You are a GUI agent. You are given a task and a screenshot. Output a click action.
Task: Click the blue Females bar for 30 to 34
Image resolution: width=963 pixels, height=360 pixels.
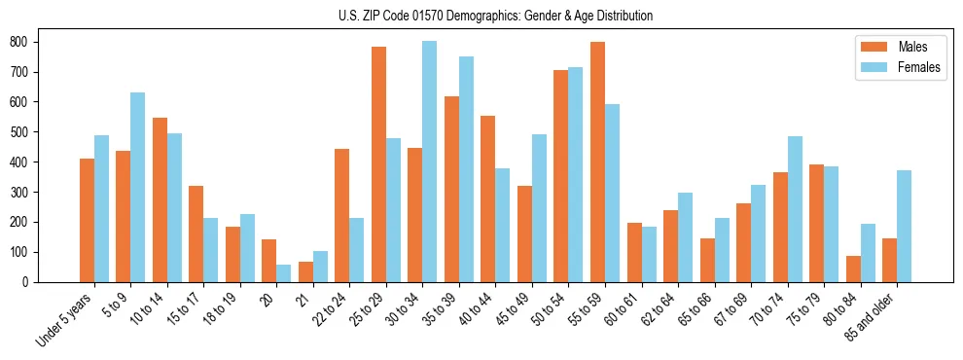point(429,162)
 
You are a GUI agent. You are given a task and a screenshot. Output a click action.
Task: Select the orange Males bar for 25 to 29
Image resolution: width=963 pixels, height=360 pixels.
point(378,164)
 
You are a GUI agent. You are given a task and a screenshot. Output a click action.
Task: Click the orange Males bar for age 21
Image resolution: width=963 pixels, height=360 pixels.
point(305,271)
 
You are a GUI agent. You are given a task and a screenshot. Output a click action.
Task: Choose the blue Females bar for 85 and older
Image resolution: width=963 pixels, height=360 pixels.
point(904,226)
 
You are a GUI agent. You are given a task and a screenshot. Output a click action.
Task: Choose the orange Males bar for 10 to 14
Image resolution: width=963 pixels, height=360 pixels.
point(160,199)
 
